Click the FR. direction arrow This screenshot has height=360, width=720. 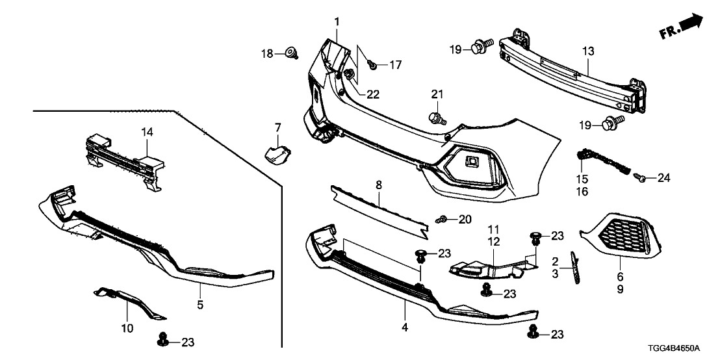click(x=682, y=26)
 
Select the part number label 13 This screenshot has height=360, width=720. click(x=587, y=51)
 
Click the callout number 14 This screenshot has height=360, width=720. click(x=147, y=132)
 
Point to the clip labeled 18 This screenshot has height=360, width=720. click(x=291, y=53)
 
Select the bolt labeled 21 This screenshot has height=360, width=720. click(x=436, y=118)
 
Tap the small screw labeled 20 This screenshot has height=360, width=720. click(x=441, y=220)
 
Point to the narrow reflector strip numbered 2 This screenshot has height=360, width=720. click(x=573, y=268)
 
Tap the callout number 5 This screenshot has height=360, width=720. click(x=201, y=304)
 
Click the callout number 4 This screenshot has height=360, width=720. click(x=404, y=328)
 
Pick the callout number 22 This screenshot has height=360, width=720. click(x=372, y=94)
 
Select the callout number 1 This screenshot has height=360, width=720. click(x=337, y=22)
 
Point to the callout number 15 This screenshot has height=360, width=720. click(x=581, y=179)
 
